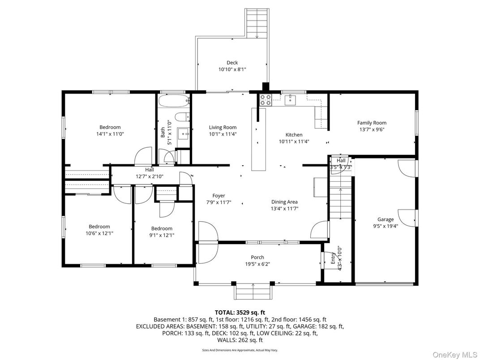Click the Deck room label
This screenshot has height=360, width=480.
(232, 63)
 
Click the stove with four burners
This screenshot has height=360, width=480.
(265, 100)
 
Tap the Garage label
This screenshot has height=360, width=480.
(385, 219)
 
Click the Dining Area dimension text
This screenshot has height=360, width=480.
(284, 208)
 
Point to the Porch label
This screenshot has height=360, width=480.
(257, 257)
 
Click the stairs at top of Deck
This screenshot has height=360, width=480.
(257, 22)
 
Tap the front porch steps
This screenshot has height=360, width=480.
(253, 293)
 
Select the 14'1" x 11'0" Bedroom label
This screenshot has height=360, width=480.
(110, 127)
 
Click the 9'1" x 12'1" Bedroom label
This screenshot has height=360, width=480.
(162, 228)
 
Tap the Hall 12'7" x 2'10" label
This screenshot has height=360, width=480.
(149, 170)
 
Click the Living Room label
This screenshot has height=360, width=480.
(223, 128)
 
